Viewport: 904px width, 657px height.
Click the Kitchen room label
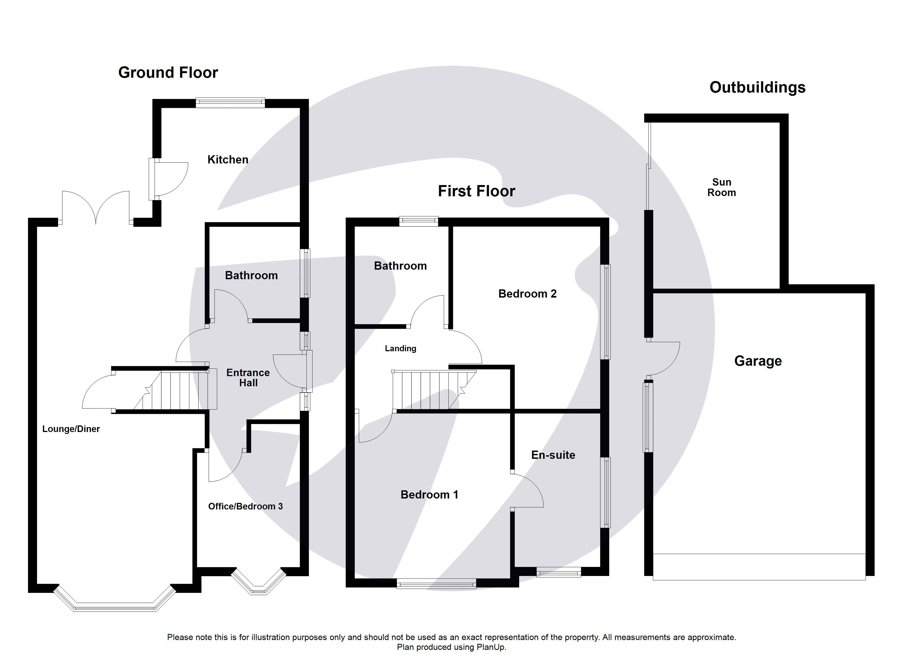tap(228, 160)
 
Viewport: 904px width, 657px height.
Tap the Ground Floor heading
tap(168, 73)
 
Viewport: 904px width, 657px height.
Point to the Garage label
tap(757, 361)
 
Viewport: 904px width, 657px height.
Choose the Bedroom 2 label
tap(527, 294)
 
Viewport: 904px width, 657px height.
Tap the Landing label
tap(400, 348)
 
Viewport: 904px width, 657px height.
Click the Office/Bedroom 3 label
tap(245, 506)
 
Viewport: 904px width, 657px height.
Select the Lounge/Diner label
tap(71, 429)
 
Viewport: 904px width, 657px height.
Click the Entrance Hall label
tap(248, 378)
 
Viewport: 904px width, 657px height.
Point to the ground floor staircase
tap(175, 390)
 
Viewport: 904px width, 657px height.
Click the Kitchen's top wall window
tap(230, 103)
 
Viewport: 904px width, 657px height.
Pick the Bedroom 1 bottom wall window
tap(436, 584)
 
